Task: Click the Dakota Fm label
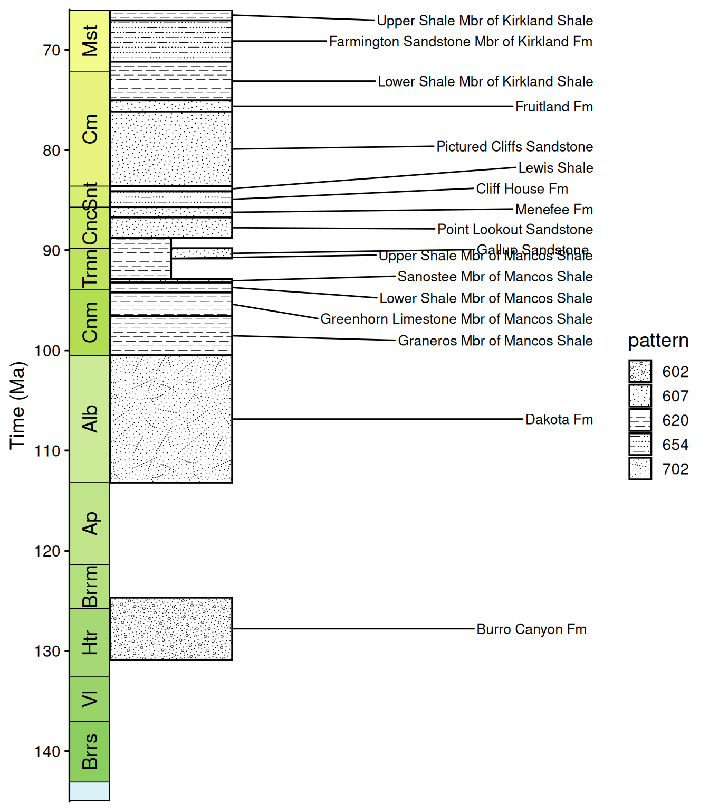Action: point(559,420)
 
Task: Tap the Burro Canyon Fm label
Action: point(531,629)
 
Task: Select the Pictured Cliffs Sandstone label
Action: point(514,147)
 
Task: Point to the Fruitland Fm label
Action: point(554,107)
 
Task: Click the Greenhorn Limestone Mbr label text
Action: point(456,319)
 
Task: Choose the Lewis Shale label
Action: point(555,168)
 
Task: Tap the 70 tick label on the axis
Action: point(52,51)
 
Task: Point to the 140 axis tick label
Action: point(47,751)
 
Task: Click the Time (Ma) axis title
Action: point(17,405)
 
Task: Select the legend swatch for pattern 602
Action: point(640,371)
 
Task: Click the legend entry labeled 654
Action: point(675,445)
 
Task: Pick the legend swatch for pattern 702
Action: point(640,469)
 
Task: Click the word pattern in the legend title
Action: point(658,341)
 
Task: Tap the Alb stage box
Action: point(90,419)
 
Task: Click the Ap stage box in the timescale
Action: point(90,523)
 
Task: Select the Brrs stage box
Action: point(90,751)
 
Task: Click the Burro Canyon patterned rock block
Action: point(171,628)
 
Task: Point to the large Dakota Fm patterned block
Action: point(171,419)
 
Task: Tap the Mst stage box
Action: point(90,41)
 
